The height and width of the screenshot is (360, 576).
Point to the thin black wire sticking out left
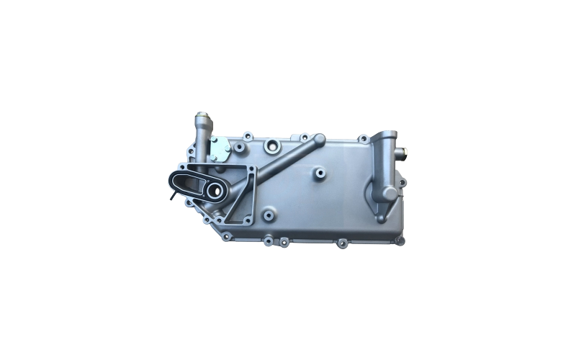(x=173, y=194)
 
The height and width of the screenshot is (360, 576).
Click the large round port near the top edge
(x=272, y=147)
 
